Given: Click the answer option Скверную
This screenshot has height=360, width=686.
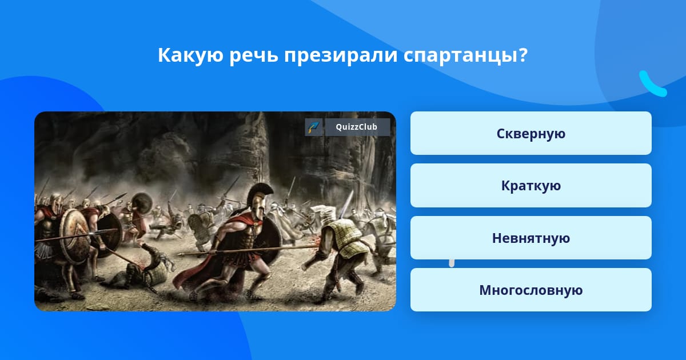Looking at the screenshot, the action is pyautogui.click(x=531, y=133).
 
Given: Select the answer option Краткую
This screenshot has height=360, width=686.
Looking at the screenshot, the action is pyautogui.click(x=531, y=186).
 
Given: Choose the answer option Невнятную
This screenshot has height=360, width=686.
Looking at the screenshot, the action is pyautogui.click(x=531, y=238).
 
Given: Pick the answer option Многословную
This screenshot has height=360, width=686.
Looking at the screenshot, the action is pyautogui.click(x=531, y=290).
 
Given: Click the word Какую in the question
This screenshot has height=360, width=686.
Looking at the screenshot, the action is pyautogui.click(x=190, y=55).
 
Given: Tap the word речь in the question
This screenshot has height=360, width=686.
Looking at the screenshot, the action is pyautogui.click(x=254, y=55).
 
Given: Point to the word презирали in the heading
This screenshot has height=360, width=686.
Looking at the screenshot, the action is pyautogui.click(x=341, y=55).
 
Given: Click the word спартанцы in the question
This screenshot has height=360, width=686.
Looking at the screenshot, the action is pyautogui.click(x=461, y=55).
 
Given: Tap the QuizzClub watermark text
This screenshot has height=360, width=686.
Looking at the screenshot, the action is pyautogui.click(x=357, y=127).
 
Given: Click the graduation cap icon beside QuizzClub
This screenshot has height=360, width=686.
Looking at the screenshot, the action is pyautogui.click(x=314, y=127).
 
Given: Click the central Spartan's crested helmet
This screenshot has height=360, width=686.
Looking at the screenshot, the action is pyautogui.click(x=258, y=201).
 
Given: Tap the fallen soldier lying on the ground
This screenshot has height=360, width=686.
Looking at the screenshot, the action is pyautogui.click(x=138, y=269).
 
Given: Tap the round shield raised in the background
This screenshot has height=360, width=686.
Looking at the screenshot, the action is pyautogui.click(x=142, y=203).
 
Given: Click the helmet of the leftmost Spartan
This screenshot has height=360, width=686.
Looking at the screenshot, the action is pyautogui.click(x=57, y=203).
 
